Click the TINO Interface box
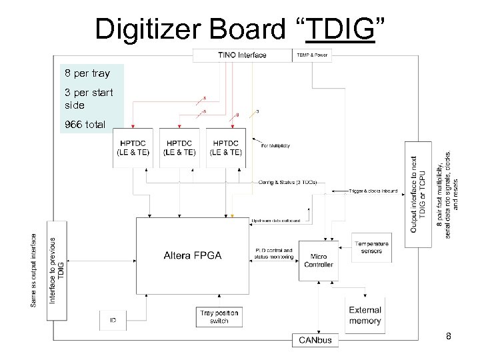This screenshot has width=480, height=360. point(241,55)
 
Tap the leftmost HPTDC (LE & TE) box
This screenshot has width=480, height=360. point(133,147)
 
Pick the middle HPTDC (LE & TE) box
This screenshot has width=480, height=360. point(180,147)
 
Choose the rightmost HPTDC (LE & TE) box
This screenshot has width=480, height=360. point(226,147)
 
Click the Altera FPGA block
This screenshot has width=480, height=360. point(193,255)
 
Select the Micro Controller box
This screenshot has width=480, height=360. point(318,259)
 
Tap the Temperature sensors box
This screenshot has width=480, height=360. point(371,247)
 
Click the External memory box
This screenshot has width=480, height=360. point(365,315)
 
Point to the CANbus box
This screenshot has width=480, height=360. point(315,341)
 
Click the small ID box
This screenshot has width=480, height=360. point(113,321)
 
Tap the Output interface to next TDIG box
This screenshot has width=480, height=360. point(419,193)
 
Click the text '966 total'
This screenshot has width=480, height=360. point(85,124)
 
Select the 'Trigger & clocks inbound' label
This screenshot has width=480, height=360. point(373,191)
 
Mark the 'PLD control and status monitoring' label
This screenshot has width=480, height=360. point(275,253)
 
